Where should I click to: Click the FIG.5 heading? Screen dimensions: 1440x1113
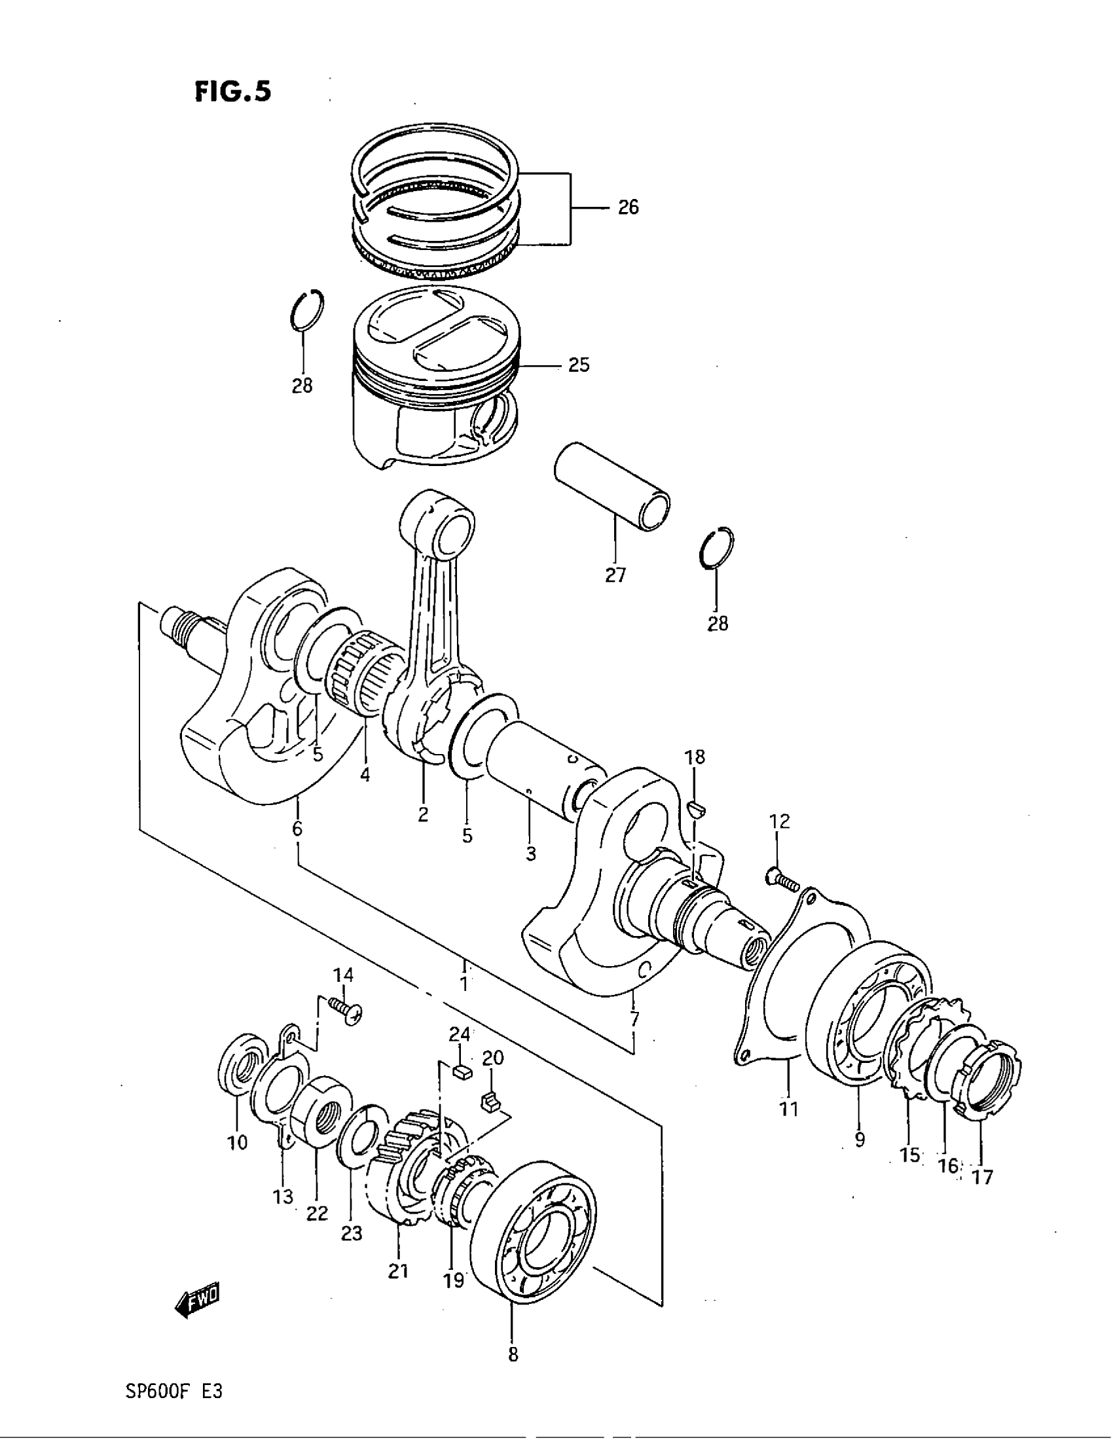point(233,92)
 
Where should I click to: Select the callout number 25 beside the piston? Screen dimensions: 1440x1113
point(578,365)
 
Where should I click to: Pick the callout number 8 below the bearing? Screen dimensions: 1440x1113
point(513,1356)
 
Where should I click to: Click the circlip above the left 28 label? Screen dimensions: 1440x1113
point(307,309)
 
